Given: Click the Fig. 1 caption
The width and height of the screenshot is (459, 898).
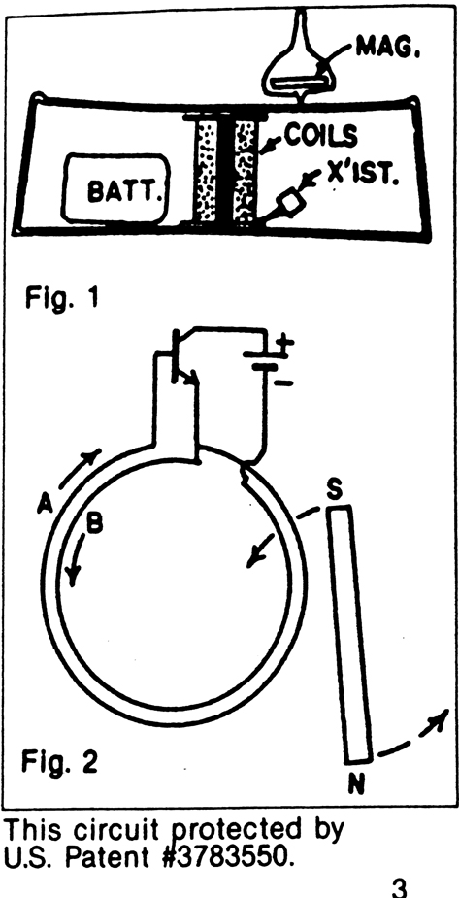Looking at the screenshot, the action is click(62, 299).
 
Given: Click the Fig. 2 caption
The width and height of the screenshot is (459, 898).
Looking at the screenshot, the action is click(59, 762).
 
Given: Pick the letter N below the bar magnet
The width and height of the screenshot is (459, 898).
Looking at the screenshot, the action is click(356, 785).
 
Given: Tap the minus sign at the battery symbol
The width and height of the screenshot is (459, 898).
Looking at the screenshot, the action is click(283, 382).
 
